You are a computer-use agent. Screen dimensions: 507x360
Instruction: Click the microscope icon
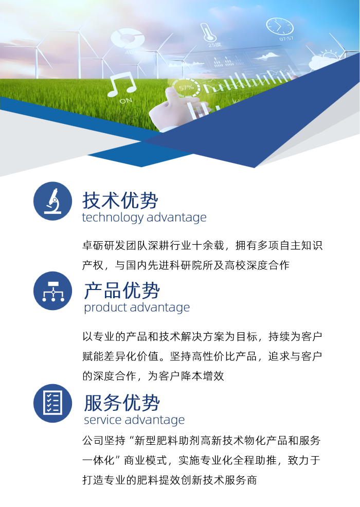tap(52, 201)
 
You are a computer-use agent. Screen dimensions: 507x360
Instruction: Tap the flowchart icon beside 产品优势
tap(52, 291)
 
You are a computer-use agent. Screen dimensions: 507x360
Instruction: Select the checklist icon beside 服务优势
tap(52, 403)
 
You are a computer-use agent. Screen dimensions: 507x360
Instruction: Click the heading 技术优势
tap(120, 201)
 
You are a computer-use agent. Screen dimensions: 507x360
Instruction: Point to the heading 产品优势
tap(122, 291)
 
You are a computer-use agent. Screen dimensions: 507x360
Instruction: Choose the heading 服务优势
tap(122, 403)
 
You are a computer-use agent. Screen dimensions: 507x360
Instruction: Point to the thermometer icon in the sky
tap(207, 32)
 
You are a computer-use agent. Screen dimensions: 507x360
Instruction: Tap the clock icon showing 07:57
tap(279, 26)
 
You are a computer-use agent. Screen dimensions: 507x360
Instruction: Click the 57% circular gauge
tap(186, 87)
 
